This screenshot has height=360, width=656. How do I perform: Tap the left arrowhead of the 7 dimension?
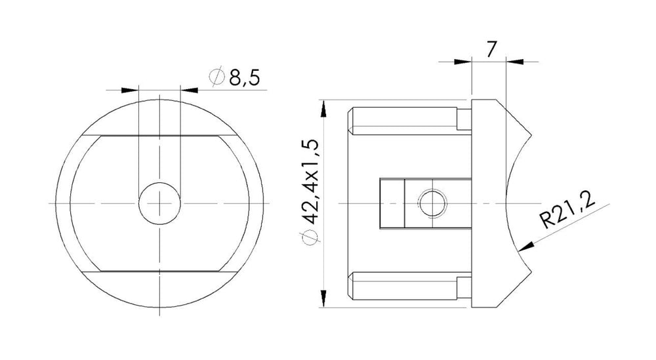click(464, 62)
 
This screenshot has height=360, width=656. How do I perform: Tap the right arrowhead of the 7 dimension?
click(515, 62)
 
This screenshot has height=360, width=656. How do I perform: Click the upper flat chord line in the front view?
click(160, 136)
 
